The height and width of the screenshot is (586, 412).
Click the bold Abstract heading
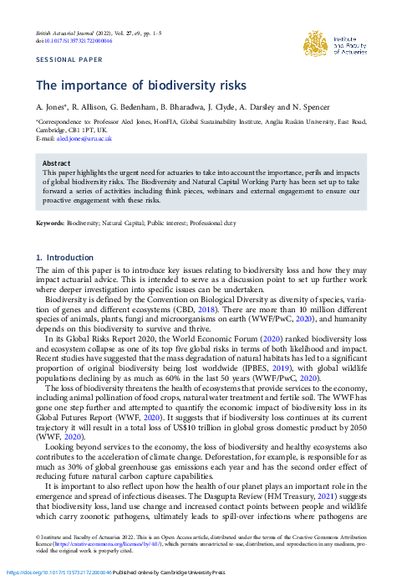point(56,164)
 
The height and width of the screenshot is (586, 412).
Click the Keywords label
point(49,224)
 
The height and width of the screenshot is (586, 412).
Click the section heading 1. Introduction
point(64,258)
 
